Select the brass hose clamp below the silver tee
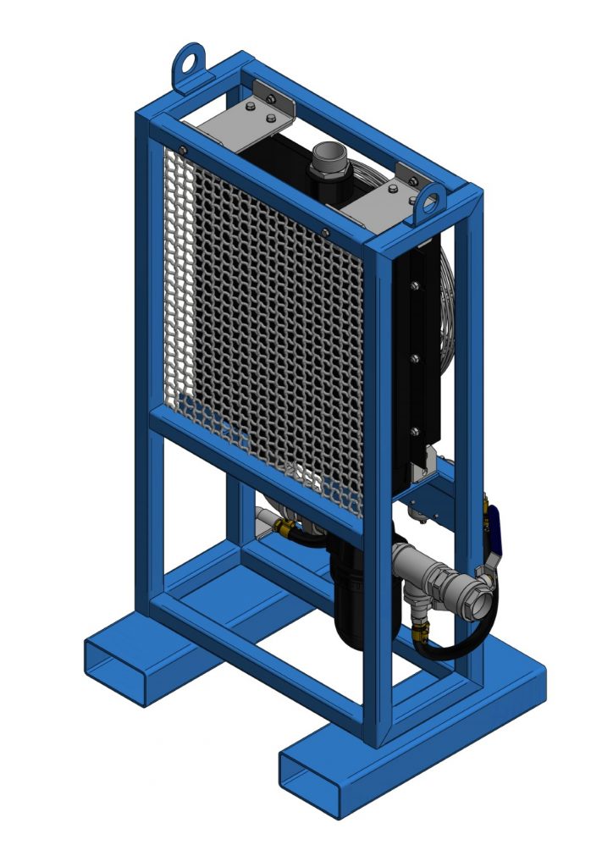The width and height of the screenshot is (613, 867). point(421,630)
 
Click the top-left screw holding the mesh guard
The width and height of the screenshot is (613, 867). point(182,151)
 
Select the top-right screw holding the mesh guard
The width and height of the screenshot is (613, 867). point(325,232)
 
